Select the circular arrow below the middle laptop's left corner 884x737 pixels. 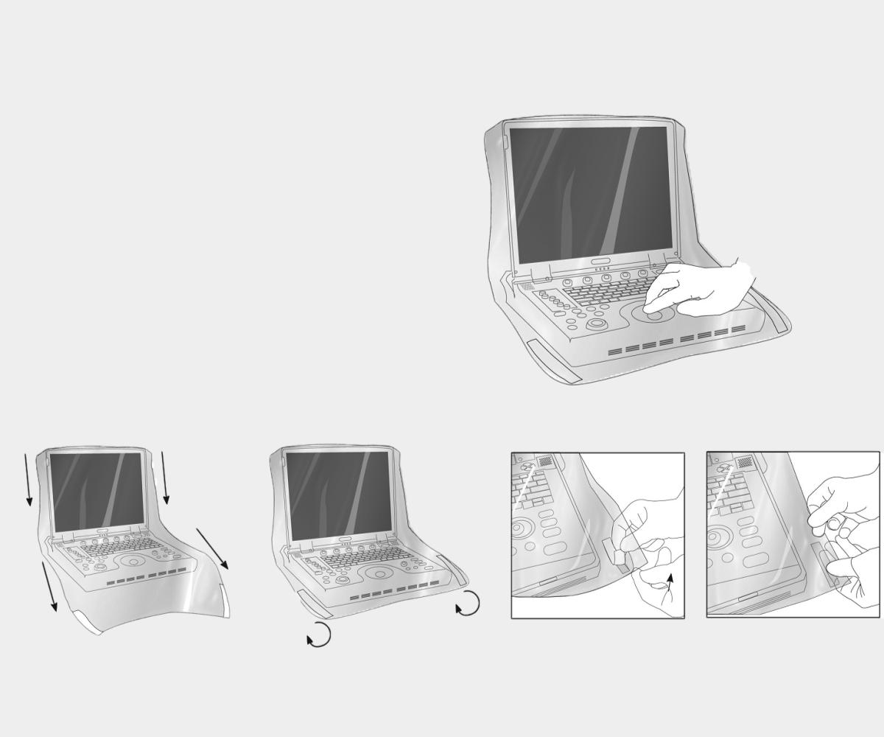319,635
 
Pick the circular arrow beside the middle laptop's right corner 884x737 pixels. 467,604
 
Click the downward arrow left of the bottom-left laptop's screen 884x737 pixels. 28,480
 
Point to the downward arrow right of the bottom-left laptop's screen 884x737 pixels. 165,478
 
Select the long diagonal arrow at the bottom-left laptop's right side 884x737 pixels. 212,548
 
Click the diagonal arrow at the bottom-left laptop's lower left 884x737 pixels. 49,586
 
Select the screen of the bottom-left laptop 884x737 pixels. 97,489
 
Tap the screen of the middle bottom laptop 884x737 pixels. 338,495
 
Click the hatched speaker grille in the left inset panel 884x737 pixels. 546,461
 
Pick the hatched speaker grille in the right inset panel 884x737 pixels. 745,461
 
